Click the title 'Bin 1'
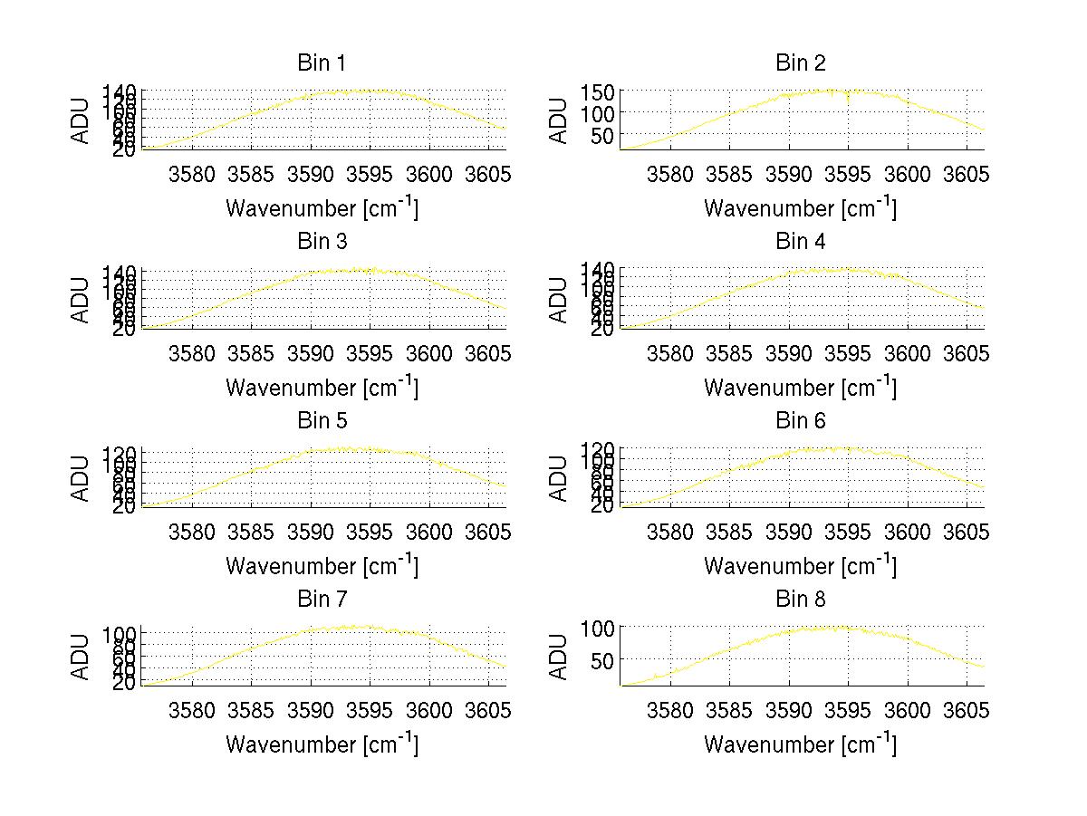coord(321,63)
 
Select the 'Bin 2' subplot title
coord(800,63)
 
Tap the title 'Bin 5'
coord(321,421)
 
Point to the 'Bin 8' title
coord(800,600)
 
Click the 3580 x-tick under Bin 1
coord(192,174)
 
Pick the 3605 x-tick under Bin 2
coord(965,174)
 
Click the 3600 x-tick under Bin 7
coord(428,710)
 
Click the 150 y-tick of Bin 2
coord(604,91)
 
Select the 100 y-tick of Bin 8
coord(604,627)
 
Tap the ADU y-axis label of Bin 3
coord(82,299)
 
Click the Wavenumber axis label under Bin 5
coord(322,566)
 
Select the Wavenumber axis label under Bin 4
coord(800,388)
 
